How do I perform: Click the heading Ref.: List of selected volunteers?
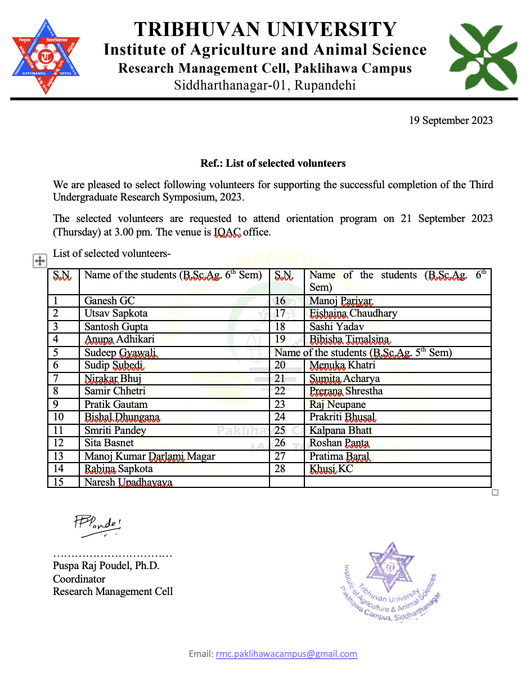[273, 163]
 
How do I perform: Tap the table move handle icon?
[39, 260]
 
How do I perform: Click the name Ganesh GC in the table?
[110, 301]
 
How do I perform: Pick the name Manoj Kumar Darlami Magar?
[150, 456]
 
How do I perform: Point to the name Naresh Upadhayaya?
[128, 482]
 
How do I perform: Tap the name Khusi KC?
[331, 469]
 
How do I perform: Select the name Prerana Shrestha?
[346, 392]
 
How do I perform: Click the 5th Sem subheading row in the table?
[363, 353]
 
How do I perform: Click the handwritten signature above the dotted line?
[97, 523]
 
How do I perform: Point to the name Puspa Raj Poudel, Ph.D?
[106, 566]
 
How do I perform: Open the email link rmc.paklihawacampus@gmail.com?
[286, 654]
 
